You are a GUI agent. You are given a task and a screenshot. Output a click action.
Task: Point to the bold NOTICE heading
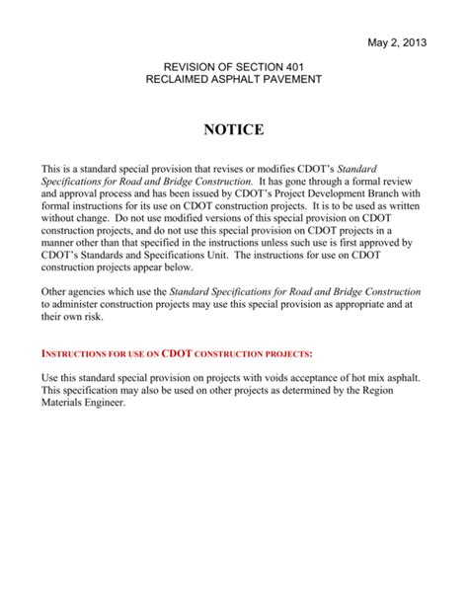[x=234, y=129]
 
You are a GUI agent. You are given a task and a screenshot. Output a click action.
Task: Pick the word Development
[x=315, y=195]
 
